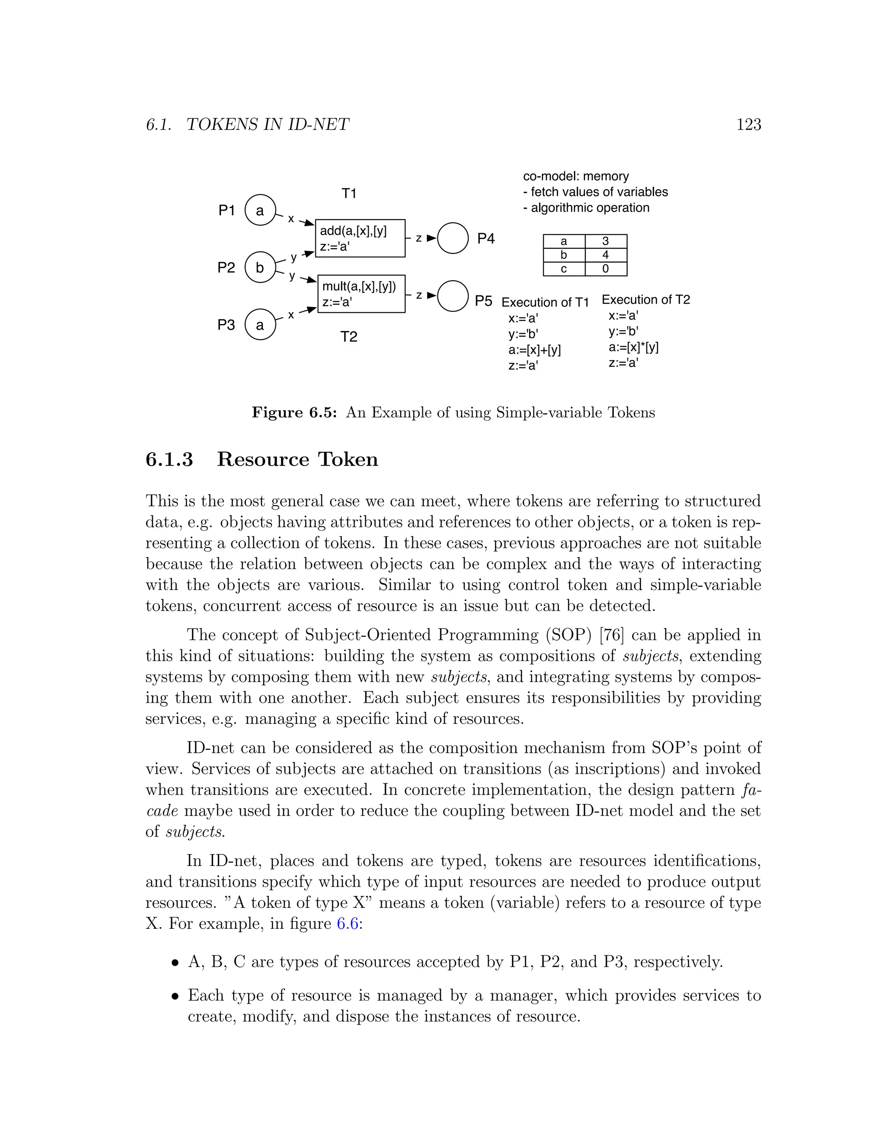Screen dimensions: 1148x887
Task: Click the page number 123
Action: (x=748, y=125)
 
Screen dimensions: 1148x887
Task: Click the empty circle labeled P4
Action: (x=453, y=238)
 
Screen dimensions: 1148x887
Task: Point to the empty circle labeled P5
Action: (x=453, y=296)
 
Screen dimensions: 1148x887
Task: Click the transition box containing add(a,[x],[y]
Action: (x=360, y=238)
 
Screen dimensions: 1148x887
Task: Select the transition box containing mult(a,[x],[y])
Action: (x=362, y=294)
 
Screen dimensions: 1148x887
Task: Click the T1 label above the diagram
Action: (x=349, y=194)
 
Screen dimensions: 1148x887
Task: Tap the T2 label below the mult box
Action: (x=349, y=337)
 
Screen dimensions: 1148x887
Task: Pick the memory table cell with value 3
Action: (x=605, y=241)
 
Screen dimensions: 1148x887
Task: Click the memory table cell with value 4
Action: (x=605, y=255)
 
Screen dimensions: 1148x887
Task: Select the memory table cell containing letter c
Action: (x=564, y=269)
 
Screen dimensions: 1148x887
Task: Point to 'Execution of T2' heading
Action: (x=645, y=300)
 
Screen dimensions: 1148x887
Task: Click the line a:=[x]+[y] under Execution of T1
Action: (x=534, y=350)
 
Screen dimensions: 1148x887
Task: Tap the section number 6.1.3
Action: (x=169, y=459)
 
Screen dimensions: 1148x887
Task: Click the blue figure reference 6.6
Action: (x=347, y=924)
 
